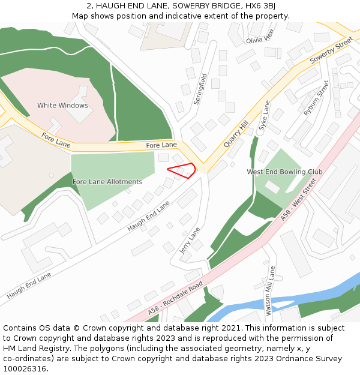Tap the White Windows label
[62, 106]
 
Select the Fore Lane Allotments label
[107, 182]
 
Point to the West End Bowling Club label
[284, 172]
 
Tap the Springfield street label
[200, 89]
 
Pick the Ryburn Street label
[316, 98]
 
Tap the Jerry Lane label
[190, 240]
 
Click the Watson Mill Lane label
[271, 290]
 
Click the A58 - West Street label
[299, 201]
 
